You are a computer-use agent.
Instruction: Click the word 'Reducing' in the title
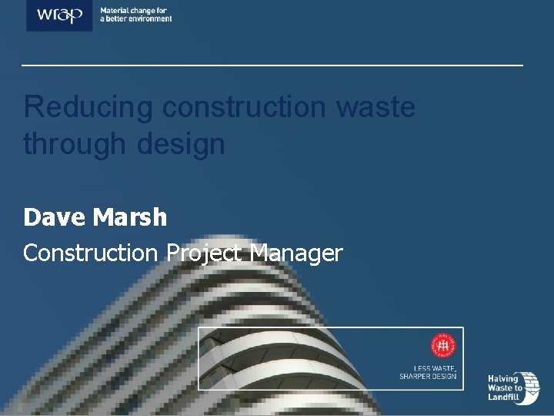(88, 107)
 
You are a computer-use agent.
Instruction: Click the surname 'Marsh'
(129, 218)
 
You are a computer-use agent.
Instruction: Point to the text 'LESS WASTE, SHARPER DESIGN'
(428, 371)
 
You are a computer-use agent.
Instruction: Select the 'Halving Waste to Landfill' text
(505, 387)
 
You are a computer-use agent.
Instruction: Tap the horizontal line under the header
(272, 65)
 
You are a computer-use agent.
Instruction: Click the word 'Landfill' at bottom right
(505, 398)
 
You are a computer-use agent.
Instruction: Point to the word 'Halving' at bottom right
(504, 378)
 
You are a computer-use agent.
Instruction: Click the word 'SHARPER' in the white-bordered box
(417, 376)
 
